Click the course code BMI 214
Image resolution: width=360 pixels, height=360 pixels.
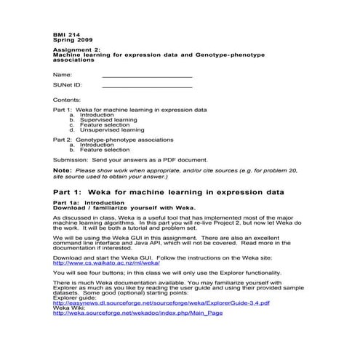(65, 35)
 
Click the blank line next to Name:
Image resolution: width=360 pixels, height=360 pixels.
(147, 75)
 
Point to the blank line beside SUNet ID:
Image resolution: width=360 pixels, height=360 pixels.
(147, 86)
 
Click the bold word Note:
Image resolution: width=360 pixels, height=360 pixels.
(63, 170)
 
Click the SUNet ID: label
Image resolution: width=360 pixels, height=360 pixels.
(68, 86)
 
